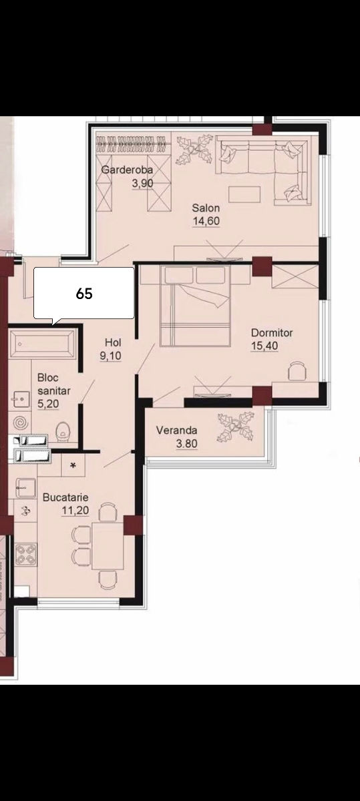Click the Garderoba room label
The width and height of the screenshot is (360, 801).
(x=127, y=170)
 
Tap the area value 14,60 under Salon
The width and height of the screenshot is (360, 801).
(x=206, y=221)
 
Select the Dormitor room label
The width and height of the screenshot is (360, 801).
(x=272, y=332)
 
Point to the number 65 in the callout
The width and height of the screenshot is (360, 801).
(x=84, y=294)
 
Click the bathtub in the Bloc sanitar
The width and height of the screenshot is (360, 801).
(x=43, y=344)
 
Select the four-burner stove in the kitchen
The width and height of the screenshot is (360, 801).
(x=26, y=555)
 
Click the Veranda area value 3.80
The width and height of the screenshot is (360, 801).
(x=186, y=443)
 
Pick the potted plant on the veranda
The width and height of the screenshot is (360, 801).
(x=236, y=427)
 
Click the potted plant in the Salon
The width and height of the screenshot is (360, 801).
(x=194, y=149)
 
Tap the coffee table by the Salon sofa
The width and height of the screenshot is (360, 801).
(x=244, y=194)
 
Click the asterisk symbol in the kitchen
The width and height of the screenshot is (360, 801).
(x=73, y=465)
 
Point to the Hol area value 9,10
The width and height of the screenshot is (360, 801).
(x=111, y=356)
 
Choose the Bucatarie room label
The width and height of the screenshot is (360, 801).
(x=65, y=497)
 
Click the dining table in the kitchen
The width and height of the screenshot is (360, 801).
(x=108, y=546)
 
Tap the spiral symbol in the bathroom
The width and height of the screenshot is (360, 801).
(x=21, y=423)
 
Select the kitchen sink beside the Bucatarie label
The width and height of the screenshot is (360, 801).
(x=26, y=489)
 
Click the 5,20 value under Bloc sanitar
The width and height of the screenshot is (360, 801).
(x=48, y=404)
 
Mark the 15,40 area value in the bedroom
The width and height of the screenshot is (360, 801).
(x=264, y=346)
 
